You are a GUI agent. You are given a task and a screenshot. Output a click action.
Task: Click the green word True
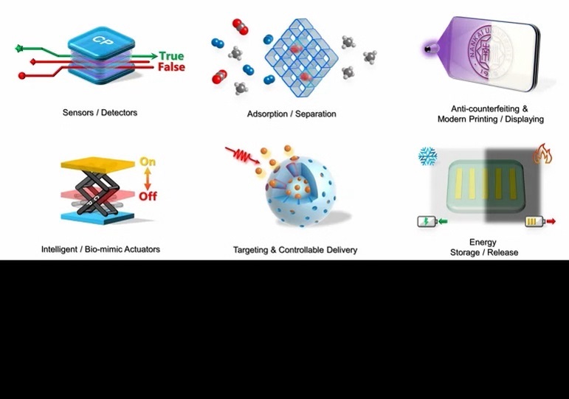[171, 55]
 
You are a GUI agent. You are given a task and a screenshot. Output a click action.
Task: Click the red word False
[171, 67]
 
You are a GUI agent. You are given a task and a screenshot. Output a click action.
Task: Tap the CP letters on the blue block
[102, 38]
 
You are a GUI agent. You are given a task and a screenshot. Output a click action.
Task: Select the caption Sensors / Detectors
[100, 113]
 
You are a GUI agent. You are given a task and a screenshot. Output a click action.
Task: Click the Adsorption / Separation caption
[292, 114]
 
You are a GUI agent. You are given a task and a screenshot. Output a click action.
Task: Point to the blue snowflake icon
[427, 156]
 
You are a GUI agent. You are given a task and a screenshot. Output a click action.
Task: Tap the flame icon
[543, 153]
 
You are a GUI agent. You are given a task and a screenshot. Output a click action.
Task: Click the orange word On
[148, 162]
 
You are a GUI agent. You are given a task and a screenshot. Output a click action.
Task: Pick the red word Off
[148, 197]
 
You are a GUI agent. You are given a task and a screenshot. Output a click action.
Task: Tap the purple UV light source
[429, 49]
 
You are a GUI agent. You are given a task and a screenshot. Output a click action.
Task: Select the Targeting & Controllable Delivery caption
[294, 250]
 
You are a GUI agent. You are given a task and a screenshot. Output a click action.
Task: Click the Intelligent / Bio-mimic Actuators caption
[100, 249]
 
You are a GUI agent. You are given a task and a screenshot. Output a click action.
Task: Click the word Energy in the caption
[483, 242]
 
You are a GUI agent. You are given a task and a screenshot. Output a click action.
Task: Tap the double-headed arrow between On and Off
[148, 179]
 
